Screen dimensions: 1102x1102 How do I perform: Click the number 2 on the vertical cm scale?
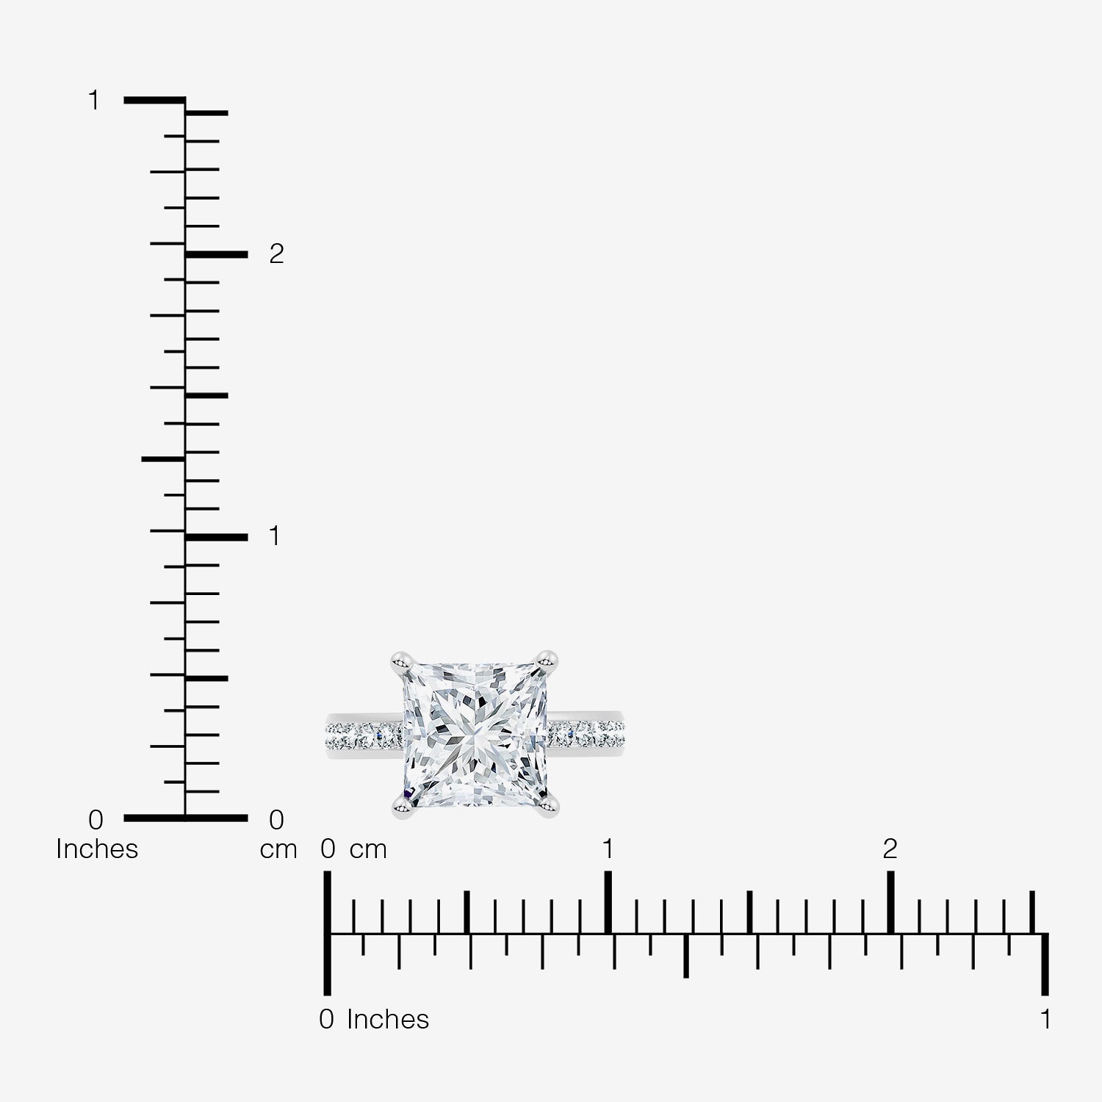tap(276, 253)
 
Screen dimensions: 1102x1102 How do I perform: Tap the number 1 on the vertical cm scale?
tap(275, 536)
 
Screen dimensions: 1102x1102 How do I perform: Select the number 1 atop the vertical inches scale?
tap(93, 100)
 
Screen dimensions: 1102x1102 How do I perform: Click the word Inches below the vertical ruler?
tap(97, 849)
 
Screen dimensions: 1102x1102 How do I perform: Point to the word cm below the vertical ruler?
tap(278, 850)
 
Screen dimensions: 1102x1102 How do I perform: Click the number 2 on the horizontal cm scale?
tap(890, 849)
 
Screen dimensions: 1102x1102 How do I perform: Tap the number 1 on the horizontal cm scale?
tap(608, 849)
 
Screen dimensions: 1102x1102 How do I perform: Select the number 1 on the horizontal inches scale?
tap(1045, 1020)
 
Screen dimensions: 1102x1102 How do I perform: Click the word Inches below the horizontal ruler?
tap(388, 1020)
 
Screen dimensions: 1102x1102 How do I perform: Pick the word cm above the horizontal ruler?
tap(368, 850)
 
